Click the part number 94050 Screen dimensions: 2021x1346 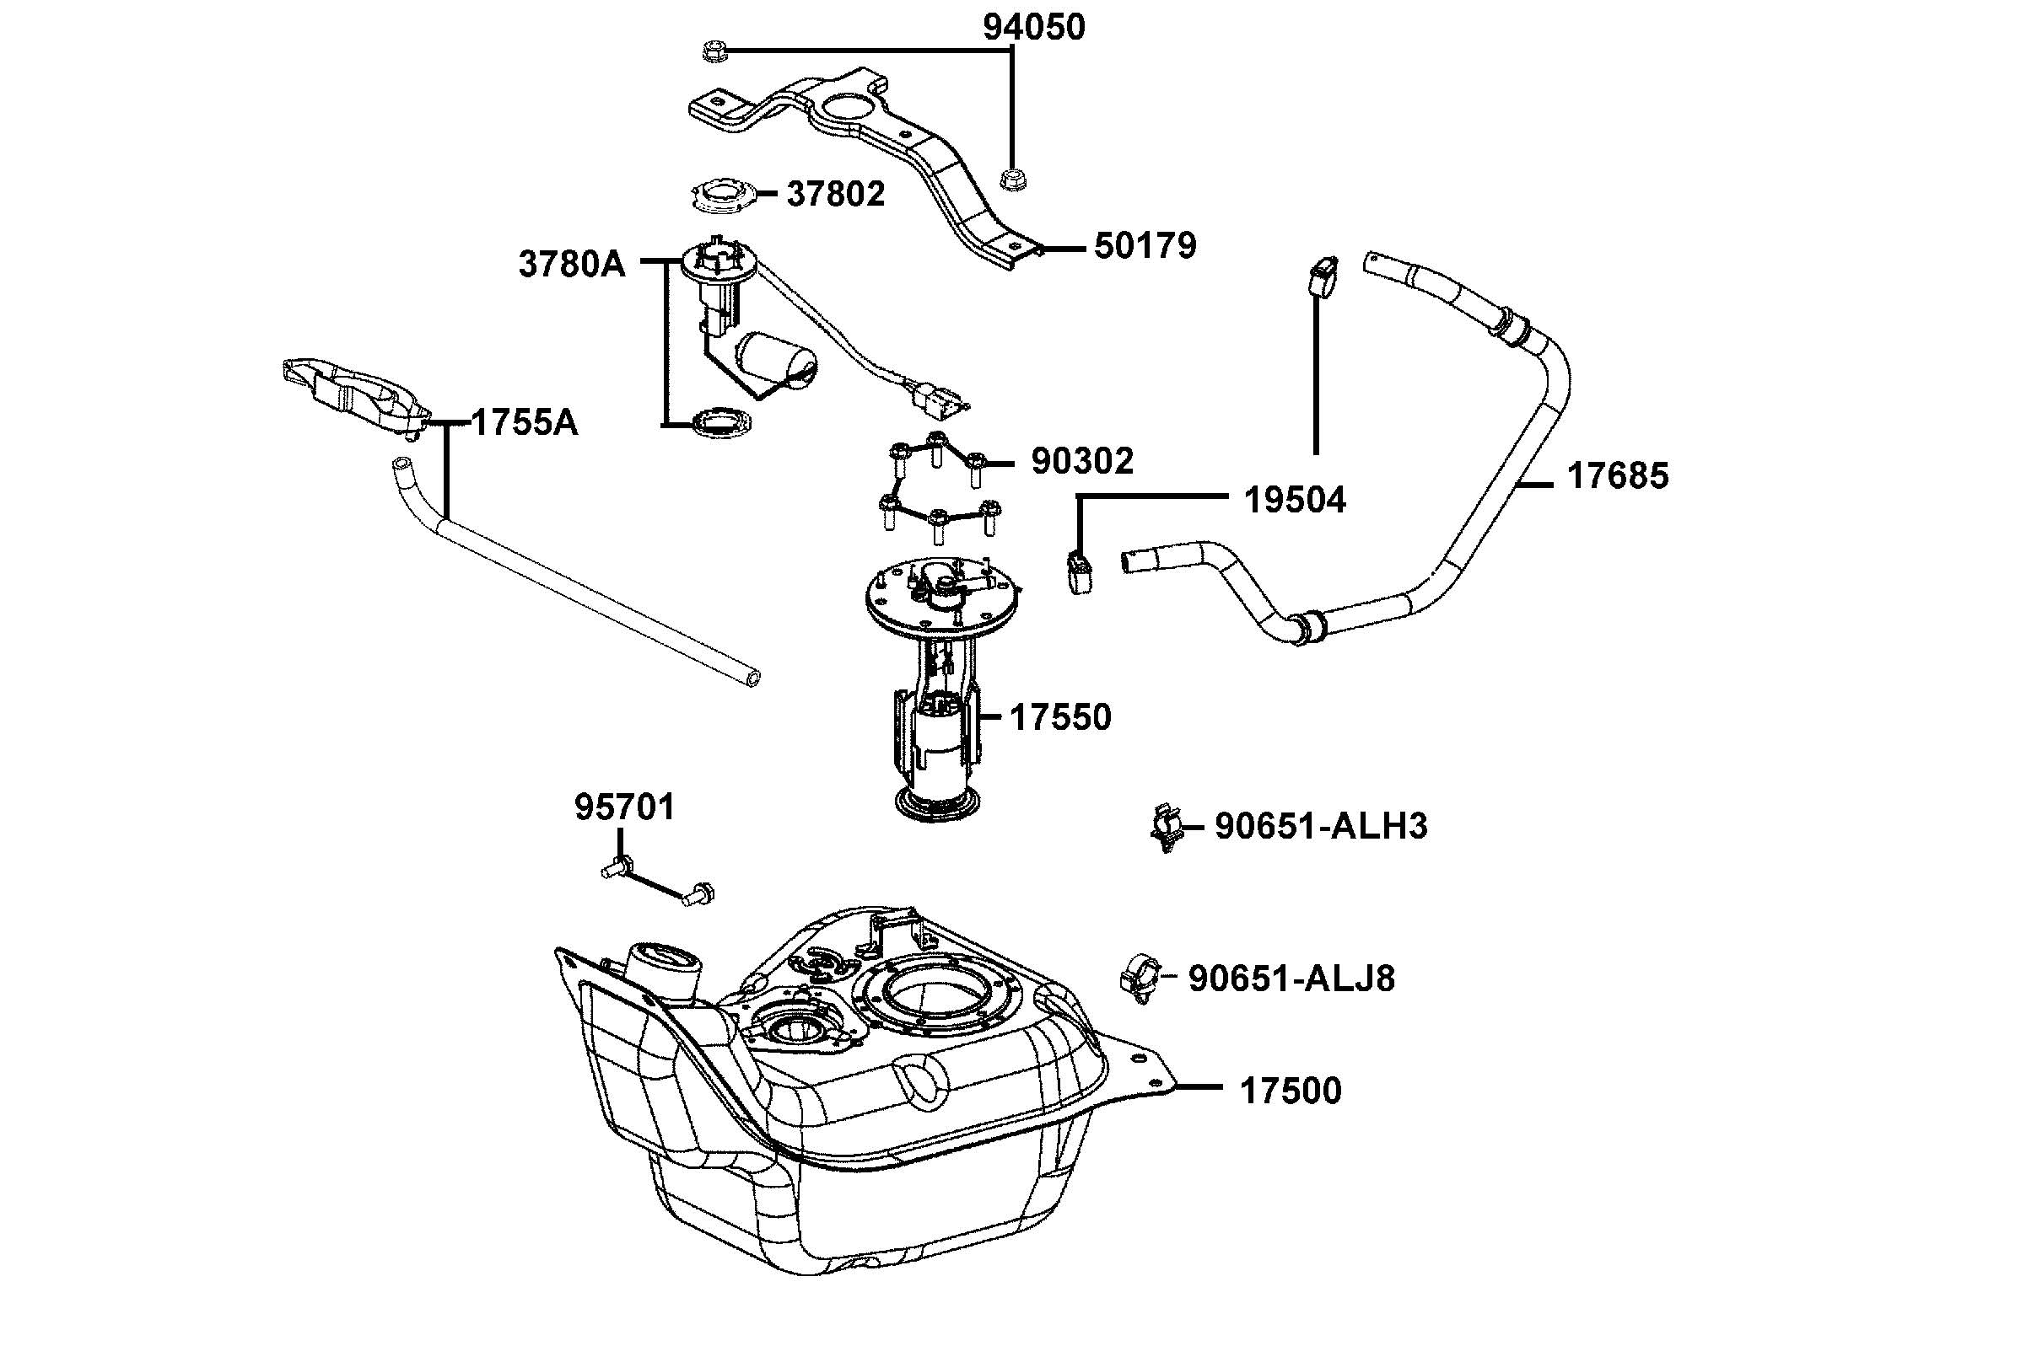(x=1033, y=28)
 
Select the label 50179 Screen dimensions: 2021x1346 (x=1145, y=246)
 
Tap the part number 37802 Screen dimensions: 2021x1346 (x=836, y=194)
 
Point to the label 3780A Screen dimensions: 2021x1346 (x=572, y=265)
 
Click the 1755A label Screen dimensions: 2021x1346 (x=525, y=422)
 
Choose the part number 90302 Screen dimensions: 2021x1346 (x=1082, y=462)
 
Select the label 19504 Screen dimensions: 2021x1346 (x=1296, y=500)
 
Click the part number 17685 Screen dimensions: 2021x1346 (x=1618, y=475)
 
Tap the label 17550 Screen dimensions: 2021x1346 (x=1061, y=716)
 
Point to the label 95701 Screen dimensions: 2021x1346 (x=625, y=807)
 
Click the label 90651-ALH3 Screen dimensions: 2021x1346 (x=1321, y=826)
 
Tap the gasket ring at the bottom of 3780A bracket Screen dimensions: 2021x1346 (x=721, y=423)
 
